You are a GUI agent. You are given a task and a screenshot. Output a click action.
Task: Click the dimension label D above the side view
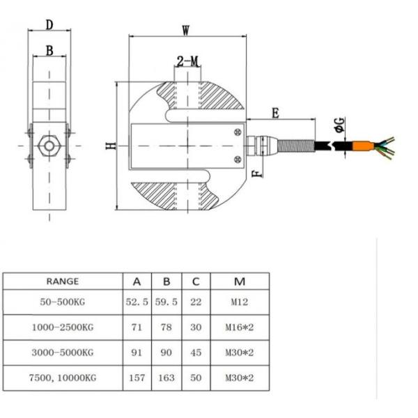[49, 24]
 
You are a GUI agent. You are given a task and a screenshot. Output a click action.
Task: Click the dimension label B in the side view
[49, 50]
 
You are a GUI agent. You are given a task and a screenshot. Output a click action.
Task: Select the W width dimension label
[186, 31]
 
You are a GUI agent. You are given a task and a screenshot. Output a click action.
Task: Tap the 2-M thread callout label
[187, 61]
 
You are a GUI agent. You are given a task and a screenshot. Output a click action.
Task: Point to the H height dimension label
[109, 146]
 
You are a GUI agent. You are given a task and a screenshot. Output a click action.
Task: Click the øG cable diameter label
[339, 125]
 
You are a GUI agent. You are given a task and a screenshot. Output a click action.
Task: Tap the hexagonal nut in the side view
[49, 146]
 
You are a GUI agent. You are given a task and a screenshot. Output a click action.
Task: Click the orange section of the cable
[361, 147]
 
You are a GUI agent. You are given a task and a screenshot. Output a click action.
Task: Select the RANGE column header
[62, 282]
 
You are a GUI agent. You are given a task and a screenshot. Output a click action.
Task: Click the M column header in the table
[240, 282]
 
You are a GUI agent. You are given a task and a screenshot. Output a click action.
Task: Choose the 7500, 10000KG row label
[63, 379]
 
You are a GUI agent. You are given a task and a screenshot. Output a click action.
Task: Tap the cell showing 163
[167, 379]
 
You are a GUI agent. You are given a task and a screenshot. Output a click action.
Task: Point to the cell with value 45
[196, 353]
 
